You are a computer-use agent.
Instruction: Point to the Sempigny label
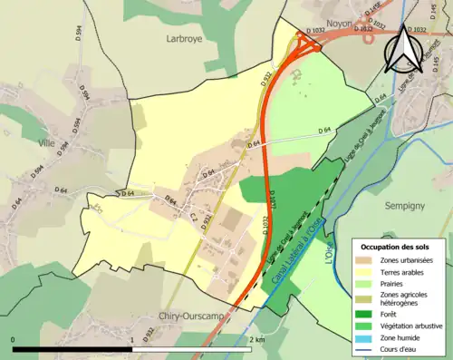(405, 206)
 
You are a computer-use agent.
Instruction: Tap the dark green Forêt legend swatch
(367, 314)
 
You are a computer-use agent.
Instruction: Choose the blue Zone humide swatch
(367, 337)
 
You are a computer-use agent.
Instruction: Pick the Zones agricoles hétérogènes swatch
(367, 298)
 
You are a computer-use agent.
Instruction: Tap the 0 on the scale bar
(13, 339)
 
